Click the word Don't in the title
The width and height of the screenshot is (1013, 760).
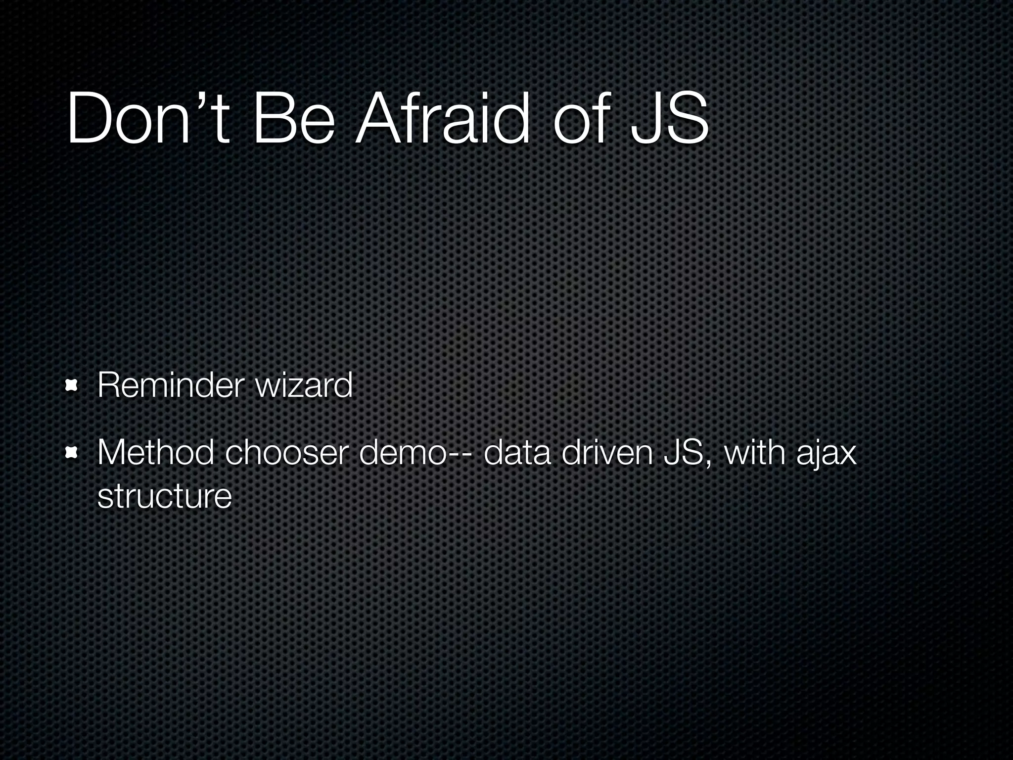click(x=148, y=119)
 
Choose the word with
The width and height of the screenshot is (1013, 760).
click(x=755, y=452)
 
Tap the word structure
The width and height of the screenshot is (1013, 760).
click(x=165, y=496)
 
